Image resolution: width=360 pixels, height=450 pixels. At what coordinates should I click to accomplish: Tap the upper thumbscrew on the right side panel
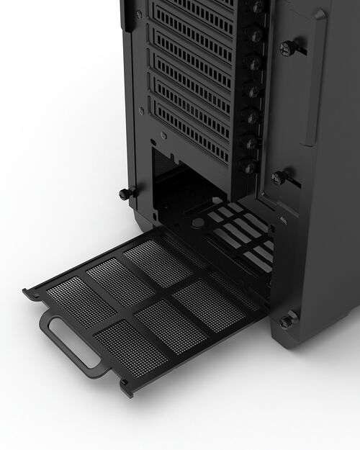click(289, 48)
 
